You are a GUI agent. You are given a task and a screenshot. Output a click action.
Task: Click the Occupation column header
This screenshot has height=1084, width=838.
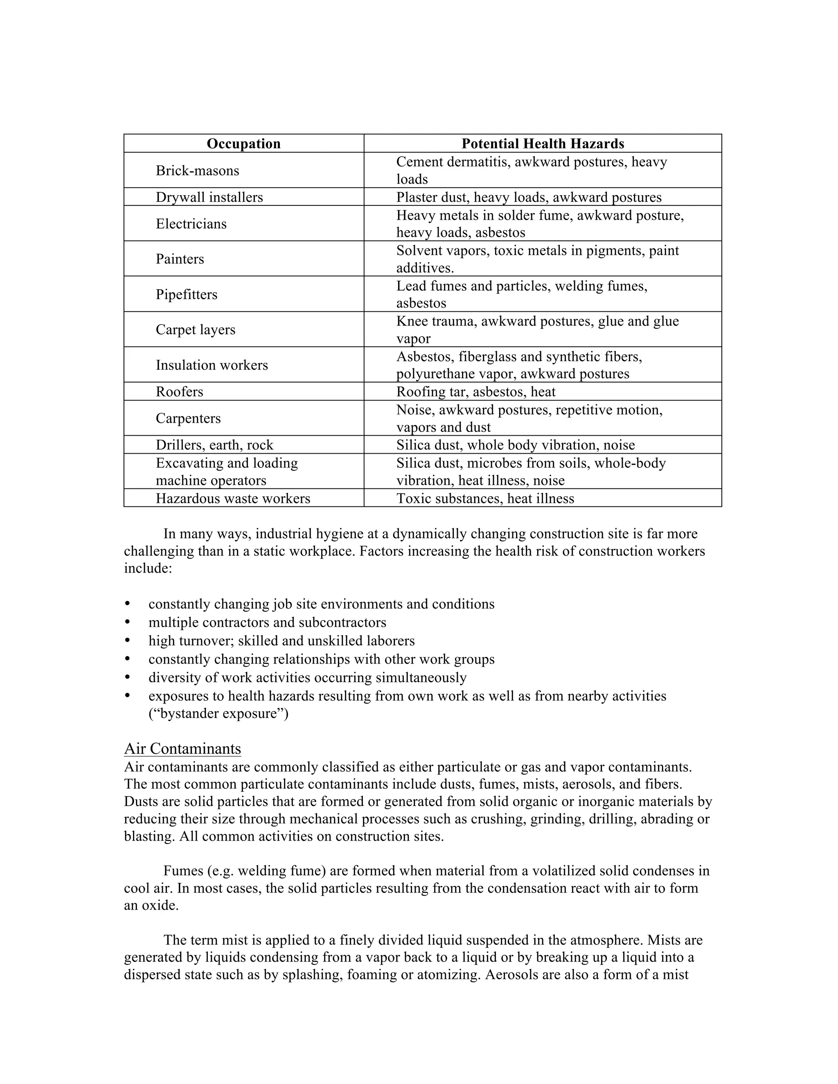click(243, 144)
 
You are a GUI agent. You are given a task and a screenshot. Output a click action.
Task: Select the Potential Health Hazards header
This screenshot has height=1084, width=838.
click(543, 144)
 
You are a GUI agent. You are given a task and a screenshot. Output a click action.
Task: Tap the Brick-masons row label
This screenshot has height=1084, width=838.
click(197, 171)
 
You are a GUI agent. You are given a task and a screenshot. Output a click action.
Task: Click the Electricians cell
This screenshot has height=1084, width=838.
click(191, 224)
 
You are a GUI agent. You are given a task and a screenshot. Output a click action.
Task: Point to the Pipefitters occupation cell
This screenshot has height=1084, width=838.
click(187, 295)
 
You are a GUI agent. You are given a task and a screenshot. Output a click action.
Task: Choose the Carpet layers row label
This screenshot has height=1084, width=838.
click(196, 330)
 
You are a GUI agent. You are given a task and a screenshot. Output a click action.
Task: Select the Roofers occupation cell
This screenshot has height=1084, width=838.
click(180, 391)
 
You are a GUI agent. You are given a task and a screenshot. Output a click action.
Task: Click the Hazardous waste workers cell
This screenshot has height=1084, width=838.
click(233, 498)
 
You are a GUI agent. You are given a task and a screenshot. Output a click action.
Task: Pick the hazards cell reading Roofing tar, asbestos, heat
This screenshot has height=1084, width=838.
click(475, 391)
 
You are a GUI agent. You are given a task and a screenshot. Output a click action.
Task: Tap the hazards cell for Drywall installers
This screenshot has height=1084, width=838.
click(529, 197)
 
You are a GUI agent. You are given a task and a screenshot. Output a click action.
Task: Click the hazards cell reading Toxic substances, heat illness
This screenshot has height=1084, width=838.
click(485, 498)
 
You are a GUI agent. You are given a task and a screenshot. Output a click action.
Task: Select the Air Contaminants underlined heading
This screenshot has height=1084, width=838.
click(182, 749)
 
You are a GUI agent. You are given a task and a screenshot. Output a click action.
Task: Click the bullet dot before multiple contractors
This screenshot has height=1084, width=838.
click(128, 622)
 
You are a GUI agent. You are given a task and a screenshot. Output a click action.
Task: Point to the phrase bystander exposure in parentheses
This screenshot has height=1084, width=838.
click(219, 713)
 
